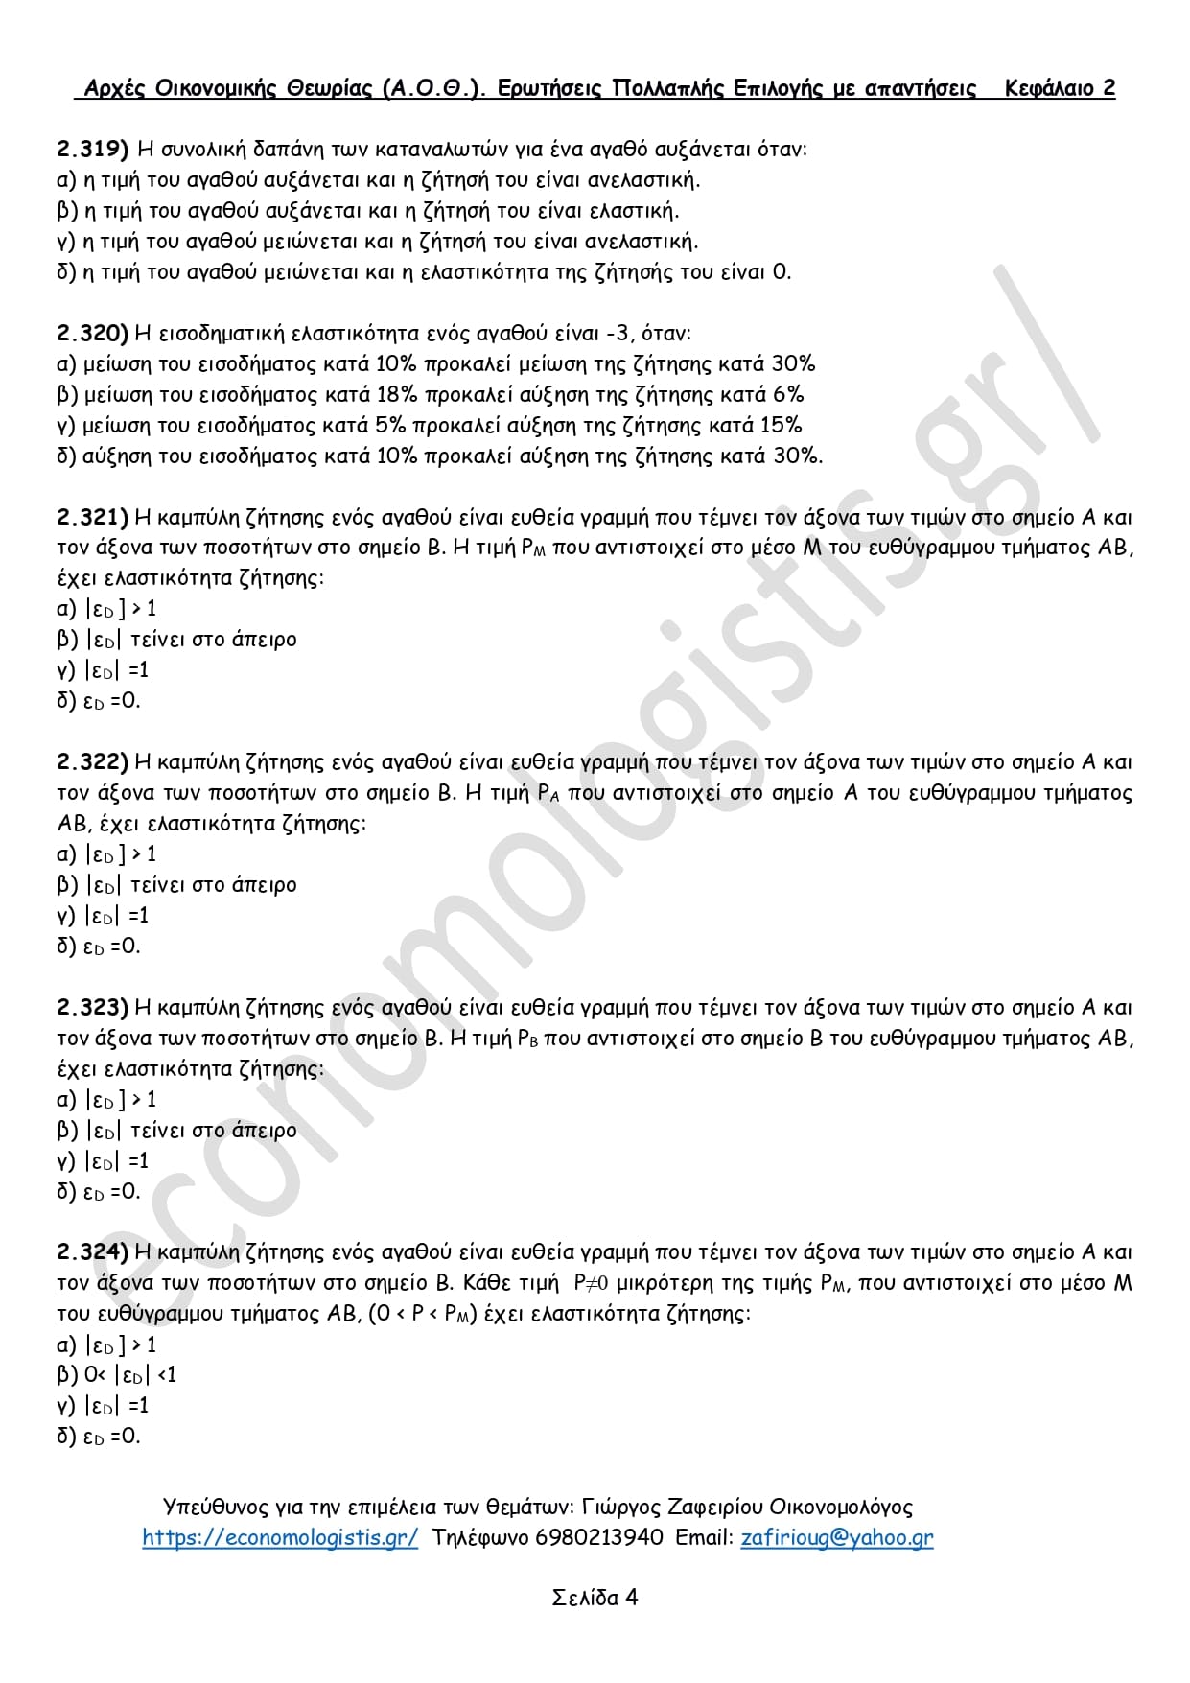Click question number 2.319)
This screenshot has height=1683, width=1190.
(92, 149)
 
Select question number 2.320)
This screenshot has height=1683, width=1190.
(92, 333)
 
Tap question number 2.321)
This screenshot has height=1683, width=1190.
(92, 517)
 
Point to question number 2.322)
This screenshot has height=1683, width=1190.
(92, 762)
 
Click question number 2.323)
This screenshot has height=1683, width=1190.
(92, 1007)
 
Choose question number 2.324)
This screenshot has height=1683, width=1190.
(92, 1251)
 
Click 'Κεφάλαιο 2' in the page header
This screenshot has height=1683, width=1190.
(1060, 88)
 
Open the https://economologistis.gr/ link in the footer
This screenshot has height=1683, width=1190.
(280, 1537)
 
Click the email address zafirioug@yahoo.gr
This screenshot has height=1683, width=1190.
(836, 1537)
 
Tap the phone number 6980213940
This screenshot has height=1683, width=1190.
(598, 1537)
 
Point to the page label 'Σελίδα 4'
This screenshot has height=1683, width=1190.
(595, 1597)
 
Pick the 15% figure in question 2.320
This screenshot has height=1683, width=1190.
(781, 425)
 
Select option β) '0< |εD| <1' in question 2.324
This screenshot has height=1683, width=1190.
(117, 1374)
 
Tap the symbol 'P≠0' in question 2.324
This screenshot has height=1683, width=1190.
(591, 1282)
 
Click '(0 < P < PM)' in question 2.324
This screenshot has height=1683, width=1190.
(423, 1313)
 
